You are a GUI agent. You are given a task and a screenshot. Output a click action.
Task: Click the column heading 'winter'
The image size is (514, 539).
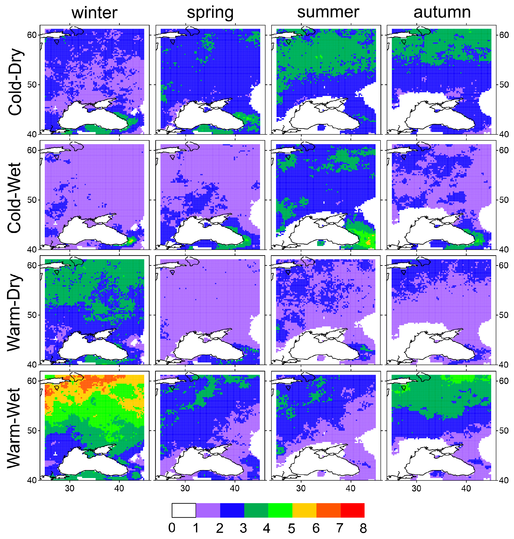94,13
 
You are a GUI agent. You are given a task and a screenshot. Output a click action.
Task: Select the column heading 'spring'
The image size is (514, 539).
210,13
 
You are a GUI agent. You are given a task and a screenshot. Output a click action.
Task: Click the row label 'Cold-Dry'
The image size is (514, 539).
15,82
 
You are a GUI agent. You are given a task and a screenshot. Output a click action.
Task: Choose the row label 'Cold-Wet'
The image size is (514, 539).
15,198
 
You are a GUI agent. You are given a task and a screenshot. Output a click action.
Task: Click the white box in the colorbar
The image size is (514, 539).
184,510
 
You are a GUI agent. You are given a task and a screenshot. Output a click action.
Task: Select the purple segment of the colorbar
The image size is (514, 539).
208,510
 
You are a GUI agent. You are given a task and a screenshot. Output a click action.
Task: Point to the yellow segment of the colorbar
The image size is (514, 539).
304,510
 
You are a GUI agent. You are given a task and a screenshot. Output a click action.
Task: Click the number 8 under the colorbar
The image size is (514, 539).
363,528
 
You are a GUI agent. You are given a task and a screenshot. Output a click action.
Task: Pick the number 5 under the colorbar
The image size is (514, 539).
291,528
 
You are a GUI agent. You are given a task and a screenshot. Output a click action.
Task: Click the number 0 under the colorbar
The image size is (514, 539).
172,528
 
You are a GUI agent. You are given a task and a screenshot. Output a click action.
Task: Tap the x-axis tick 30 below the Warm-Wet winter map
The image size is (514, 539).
70,488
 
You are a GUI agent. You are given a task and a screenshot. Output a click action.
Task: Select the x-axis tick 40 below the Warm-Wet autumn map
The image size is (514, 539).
466,488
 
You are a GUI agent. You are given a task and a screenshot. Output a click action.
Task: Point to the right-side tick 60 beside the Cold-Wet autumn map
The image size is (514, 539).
504,150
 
